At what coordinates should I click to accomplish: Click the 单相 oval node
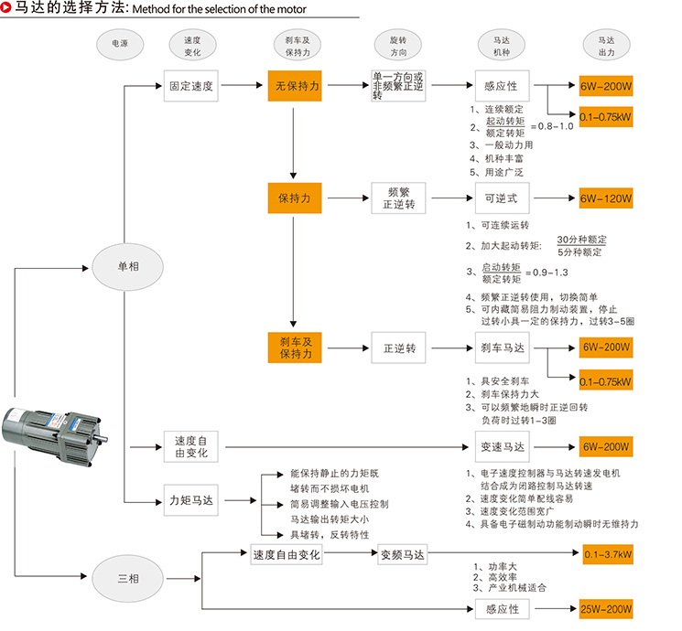tap(127, 265)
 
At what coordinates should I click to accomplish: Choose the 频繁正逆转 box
tap(398, 198)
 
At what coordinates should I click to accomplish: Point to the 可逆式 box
tap(502, 198)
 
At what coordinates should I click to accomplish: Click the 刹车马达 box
tap(502, 348)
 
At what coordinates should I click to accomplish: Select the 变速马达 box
tap(502, 447)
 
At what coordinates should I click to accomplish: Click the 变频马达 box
tap(403, 554)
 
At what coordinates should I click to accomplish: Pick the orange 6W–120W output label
tap(606, 198)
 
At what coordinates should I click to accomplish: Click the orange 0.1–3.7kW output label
tap(606, 554)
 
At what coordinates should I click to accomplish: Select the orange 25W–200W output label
tap(606, 609)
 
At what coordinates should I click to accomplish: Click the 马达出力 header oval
tap(606, 47)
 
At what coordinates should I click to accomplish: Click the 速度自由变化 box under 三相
tap(286, 554)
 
